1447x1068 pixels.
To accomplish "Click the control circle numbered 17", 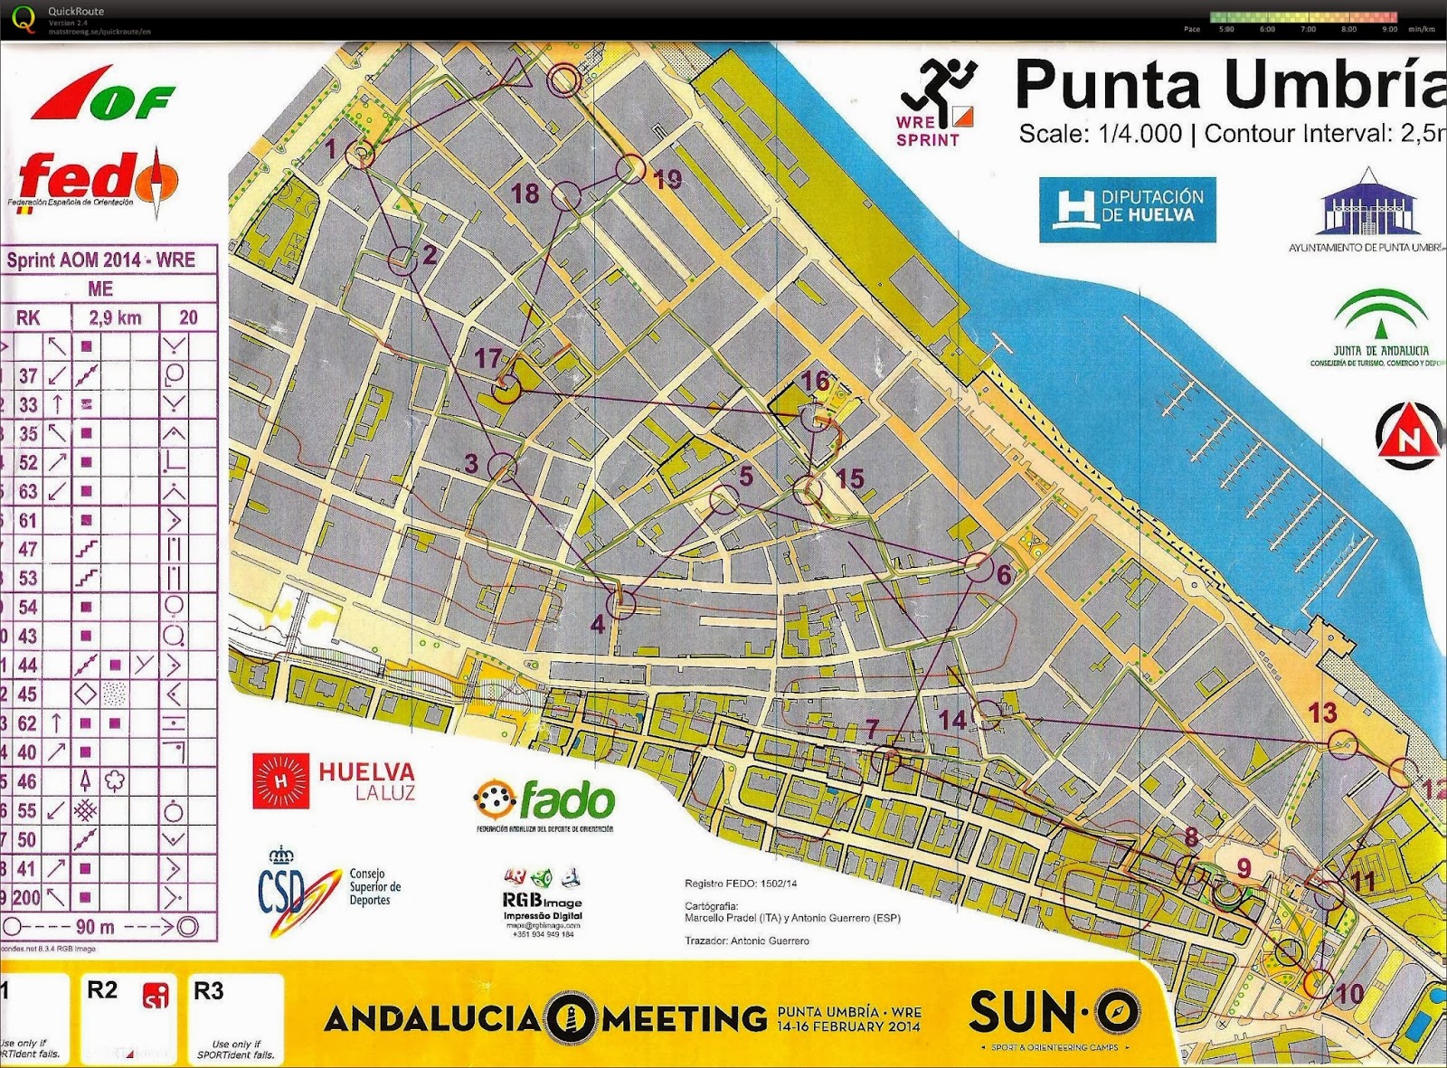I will click(507, 389).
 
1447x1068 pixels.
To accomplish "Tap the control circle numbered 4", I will click(620, 603).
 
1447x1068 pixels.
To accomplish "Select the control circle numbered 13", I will click(1343, 744).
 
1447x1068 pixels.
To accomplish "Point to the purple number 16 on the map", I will click(815, 381).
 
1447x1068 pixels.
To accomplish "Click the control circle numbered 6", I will click(978, 566).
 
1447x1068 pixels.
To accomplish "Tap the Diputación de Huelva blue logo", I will click(1127, 210).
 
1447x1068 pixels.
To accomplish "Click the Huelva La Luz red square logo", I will click(280, 780).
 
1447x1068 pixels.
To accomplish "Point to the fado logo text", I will click(545, 800).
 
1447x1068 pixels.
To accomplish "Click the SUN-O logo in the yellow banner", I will click(1055, 1012).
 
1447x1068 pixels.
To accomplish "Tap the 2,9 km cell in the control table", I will click(115, 317).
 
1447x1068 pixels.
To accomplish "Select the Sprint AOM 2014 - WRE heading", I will click(101, 260).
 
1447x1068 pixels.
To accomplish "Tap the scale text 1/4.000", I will click(1139, 134).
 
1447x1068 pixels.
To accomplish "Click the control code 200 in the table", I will click(26, 898).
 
